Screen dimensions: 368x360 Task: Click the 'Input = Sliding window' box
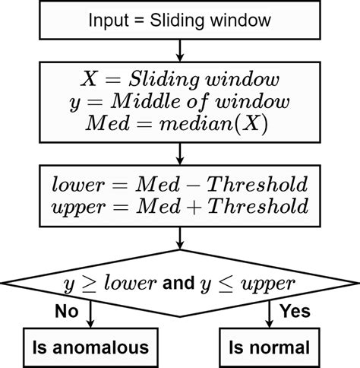(179, 21)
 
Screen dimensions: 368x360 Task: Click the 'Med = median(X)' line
(179, 124)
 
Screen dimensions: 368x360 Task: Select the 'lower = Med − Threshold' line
(179, 185)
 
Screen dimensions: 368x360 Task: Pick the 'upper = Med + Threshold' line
(179, 206)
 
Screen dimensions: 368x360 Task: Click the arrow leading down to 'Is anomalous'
(92, 315)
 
